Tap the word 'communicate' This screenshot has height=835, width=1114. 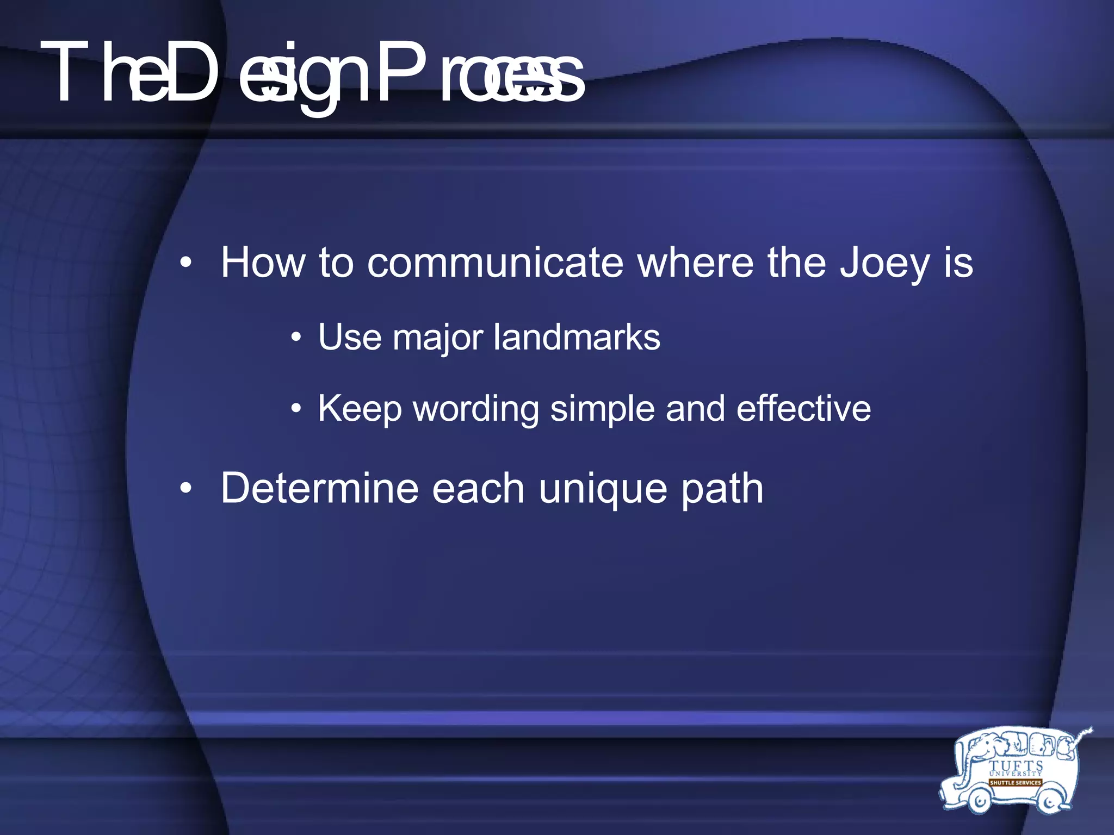point(495,264)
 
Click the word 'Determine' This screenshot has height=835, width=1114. point(319,488)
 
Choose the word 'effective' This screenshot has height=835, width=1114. point(803,408)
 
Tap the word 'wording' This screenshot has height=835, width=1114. point(476,409)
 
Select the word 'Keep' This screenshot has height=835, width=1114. point(360,409)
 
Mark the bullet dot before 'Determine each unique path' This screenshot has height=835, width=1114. point(186,488)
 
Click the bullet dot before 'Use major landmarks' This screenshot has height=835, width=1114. point(295,338)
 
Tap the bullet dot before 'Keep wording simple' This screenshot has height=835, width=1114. point(295,409)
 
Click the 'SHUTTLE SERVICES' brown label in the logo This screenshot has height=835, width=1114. point(1015,783)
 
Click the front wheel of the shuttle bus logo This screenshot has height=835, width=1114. point(977,800)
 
